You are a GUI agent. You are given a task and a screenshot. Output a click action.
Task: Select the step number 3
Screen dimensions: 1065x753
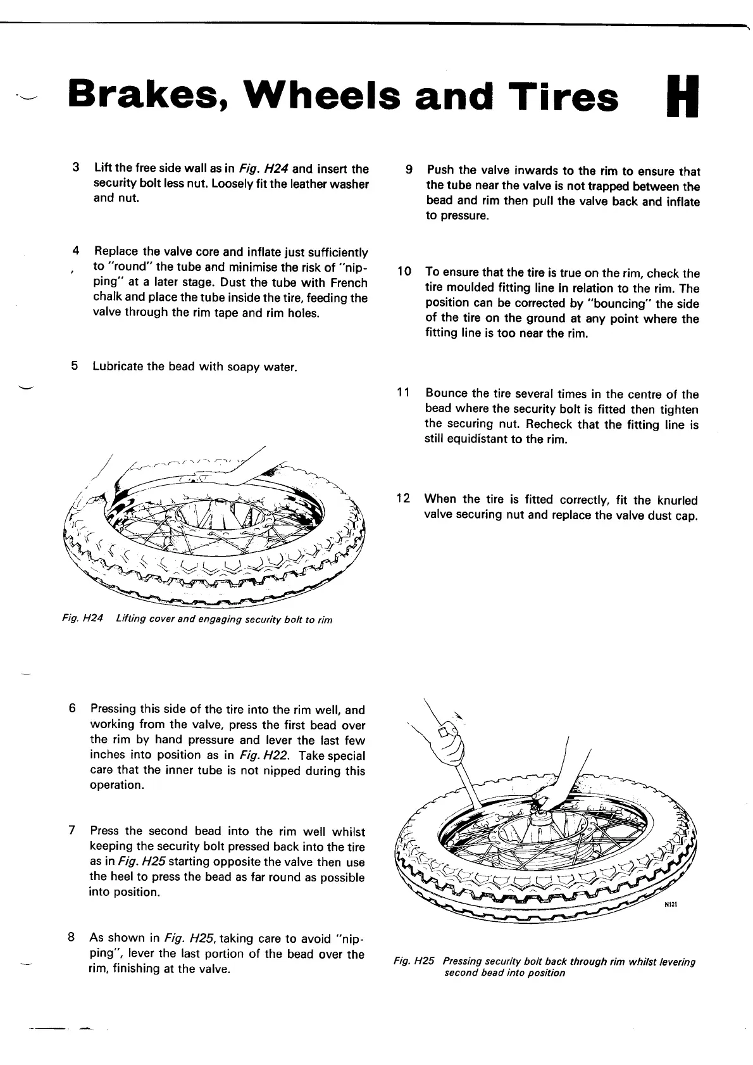(x=76, y=168)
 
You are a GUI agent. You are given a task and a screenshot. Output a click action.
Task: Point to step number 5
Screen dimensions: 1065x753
(x=75, y=366)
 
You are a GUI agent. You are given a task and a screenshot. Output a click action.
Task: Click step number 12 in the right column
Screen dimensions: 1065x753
(x=402, y=499)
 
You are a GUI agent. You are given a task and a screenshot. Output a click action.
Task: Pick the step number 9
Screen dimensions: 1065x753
(x=409, y=170)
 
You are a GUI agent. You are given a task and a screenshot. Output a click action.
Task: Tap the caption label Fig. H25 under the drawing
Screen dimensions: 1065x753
(x=414, y=961)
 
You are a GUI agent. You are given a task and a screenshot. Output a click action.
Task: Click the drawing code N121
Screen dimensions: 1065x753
(x=670, y=905)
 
